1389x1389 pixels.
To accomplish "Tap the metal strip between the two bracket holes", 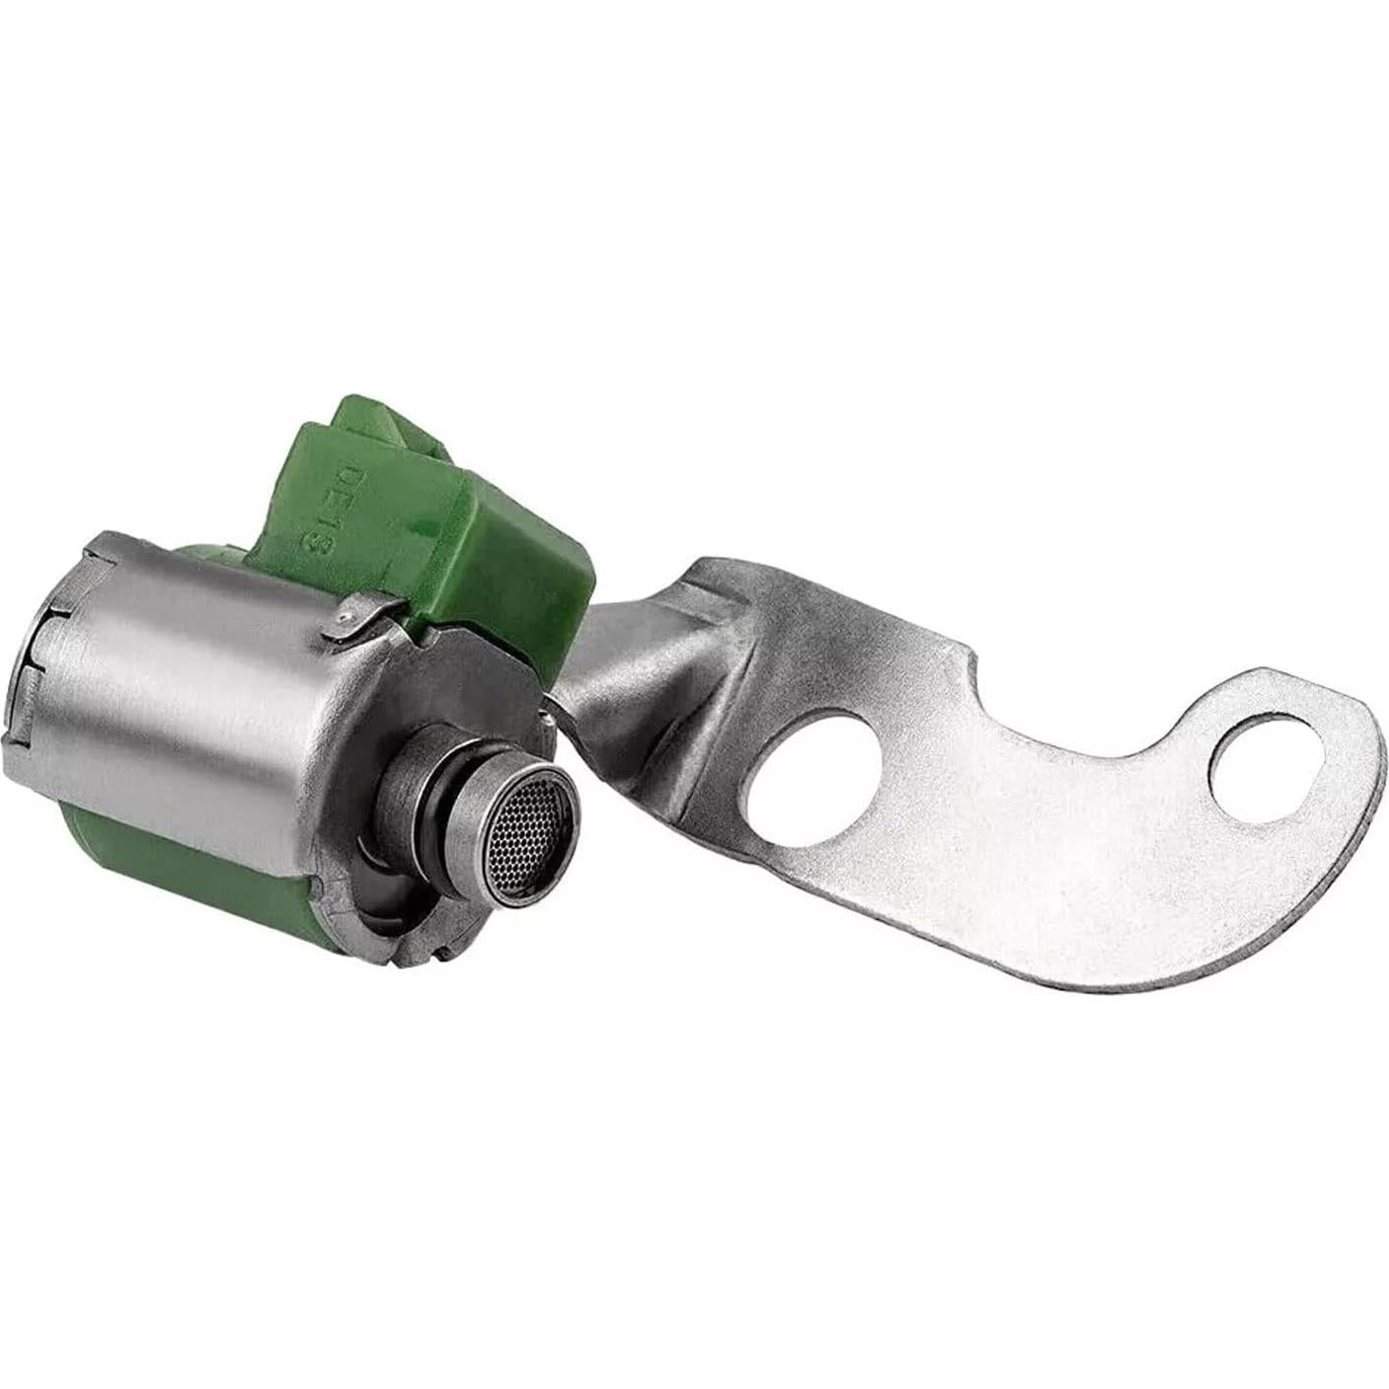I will click(1037, 780).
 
